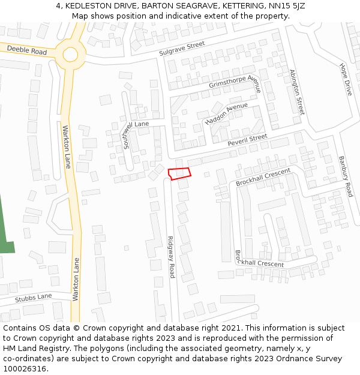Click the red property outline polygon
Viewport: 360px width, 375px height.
[179, 173]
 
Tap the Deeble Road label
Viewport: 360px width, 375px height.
[27, 50]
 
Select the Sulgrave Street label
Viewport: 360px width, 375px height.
[182, 49]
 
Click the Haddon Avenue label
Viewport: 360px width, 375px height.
[226, 113]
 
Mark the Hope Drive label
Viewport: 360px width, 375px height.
[346, 80]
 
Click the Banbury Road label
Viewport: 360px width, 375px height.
[345, 176]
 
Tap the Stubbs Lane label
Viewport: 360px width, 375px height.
[34, 298]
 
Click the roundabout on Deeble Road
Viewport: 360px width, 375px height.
[70, 55]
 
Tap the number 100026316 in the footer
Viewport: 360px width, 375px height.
[25, 369]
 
